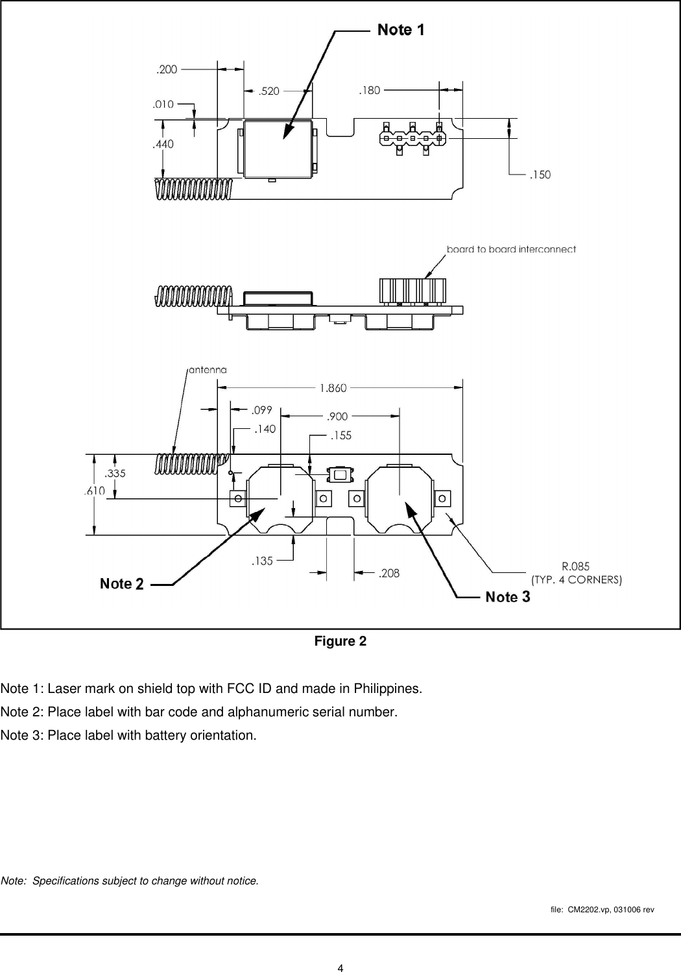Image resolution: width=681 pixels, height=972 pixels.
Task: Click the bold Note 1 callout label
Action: click(x=401, y=30)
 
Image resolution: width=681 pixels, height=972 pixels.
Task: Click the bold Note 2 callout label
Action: click(x=121, y=584)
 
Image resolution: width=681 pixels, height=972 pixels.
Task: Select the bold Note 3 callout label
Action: click(x=508, y=597)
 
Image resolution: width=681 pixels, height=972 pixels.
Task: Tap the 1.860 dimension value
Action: click(x=333, y=388)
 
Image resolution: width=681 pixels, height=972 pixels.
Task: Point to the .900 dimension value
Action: click(x=337, y=417)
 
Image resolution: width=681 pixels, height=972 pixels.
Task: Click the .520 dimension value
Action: click(x=269, y=91)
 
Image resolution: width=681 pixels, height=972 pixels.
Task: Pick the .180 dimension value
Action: click(x=370, y=91)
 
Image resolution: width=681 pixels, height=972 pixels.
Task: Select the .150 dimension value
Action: click(x=540, y=175)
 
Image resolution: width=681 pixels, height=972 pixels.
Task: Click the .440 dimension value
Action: click(x=163, y=145)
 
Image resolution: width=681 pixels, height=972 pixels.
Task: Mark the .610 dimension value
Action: click(x=94, y=491)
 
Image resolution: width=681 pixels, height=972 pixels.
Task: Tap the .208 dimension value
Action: click(x=389, y=573)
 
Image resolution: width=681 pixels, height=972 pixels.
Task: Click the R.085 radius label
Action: click(x=575, y=566)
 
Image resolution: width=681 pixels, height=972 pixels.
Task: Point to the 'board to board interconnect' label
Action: click(x=511, y=249)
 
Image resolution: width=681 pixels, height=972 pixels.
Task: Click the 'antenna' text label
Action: click(x=208, y=370)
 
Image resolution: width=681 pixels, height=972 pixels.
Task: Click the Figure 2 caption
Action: click(x=340, y=642)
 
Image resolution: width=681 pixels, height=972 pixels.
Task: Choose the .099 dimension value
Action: click(x=262, y=410)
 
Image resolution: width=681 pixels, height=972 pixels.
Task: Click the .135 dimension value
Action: click(x=262, y=561)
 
